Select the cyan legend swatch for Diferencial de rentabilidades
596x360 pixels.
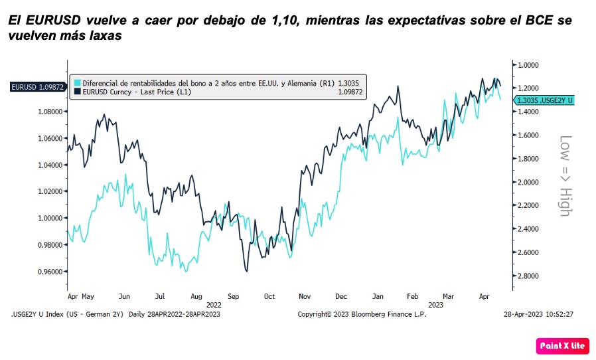pyautogui.click(x=77, y=83)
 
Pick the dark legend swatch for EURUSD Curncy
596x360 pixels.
pyautogui.click(x=77, y=92)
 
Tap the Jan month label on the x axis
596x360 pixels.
pyautogui.click(x=378, y=296)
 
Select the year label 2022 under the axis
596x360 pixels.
pyautogui.click(x=214, y=304)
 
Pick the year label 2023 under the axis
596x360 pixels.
pyautogui.click(x=435, y=304)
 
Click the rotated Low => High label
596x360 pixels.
pyautogui.click(x=565, y=176)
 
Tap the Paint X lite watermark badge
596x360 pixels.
pyautogui.click(x=561, y=345)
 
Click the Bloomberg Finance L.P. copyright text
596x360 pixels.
pyautogui.click(x=362, y=314)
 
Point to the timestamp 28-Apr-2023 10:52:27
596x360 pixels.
pyautogui.click(x=538, y=314)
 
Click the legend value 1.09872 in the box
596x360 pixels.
pyautogui.click(x=348, y=92)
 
